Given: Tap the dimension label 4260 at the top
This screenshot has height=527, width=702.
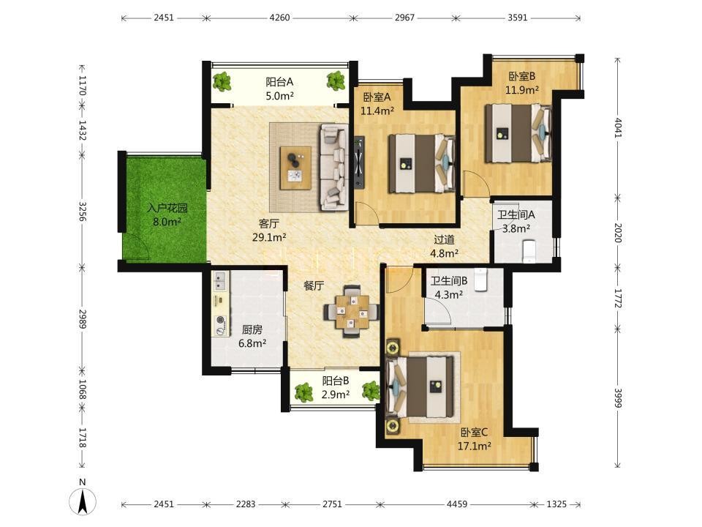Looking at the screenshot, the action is pos(280,18).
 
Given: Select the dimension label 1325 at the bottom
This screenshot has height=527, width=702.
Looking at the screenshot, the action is pos(556,504).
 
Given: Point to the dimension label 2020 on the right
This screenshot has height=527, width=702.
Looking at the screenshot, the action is pos(618,233).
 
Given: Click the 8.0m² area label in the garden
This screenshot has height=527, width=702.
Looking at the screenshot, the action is pos(167,221).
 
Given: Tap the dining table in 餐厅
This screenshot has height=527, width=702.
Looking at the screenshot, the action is pos(352,311).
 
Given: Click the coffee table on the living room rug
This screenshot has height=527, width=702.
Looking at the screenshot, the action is pos(295,168).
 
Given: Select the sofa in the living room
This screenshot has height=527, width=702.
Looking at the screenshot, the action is pos(333,167).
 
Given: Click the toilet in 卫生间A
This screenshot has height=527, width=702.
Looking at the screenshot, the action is pos(529,251).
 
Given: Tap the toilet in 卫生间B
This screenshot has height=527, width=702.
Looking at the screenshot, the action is pos(481,280).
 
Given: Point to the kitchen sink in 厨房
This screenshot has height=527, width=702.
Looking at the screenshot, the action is pos(220,280).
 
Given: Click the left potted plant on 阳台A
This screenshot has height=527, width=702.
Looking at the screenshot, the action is pos(222,81).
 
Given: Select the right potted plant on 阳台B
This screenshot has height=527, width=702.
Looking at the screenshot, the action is pos(371,391).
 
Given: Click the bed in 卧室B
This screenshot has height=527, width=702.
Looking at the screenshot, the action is pos(518,132).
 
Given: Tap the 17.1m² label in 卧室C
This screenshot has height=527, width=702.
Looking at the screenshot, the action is pos(474,446).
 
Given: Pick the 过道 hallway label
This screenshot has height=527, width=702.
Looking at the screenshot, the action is pos(444,240).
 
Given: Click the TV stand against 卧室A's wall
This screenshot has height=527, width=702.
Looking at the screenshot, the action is pos(358,162).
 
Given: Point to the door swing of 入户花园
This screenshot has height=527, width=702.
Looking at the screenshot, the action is pos(137,246).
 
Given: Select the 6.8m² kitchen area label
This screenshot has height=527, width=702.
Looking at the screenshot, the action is pos(252,344).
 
